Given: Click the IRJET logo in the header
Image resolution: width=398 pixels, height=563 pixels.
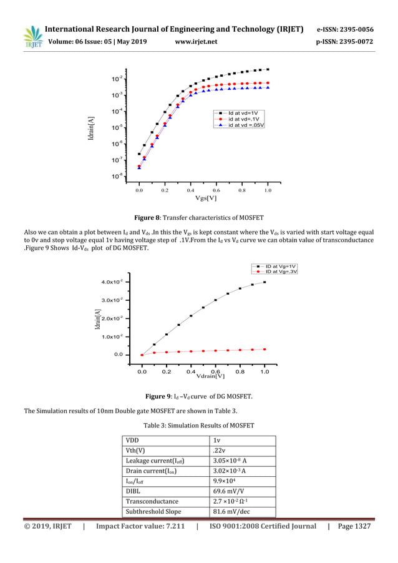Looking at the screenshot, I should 32,36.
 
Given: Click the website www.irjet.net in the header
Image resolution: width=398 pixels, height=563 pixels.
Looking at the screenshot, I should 197,42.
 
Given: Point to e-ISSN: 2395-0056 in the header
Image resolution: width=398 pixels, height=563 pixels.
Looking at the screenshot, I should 345,29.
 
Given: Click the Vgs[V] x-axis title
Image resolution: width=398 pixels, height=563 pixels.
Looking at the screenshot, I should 206,198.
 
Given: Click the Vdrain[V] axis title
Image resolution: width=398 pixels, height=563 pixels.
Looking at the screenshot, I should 210,376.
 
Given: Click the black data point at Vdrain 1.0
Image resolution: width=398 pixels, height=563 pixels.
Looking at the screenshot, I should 265,282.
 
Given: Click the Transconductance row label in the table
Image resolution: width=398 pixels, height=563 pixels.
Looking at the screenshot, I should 152,501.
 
